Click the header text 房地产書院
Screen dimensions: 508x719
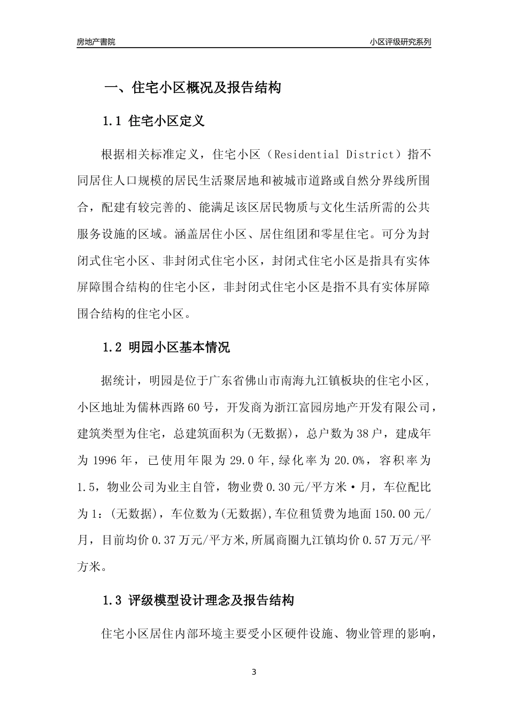point(96,42)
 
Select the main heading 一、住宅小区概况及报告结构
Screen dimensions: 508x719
point(192,88)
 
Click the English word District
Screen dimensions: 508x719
point(370,155)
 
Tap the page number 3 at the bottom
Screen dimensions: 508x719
point(253,672)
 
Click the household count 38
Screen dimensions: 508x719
point(362,434)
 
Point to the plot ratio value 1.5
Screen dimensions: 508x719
point(86,487)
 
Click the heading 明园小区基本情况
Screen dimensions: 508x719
point(180,348)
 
